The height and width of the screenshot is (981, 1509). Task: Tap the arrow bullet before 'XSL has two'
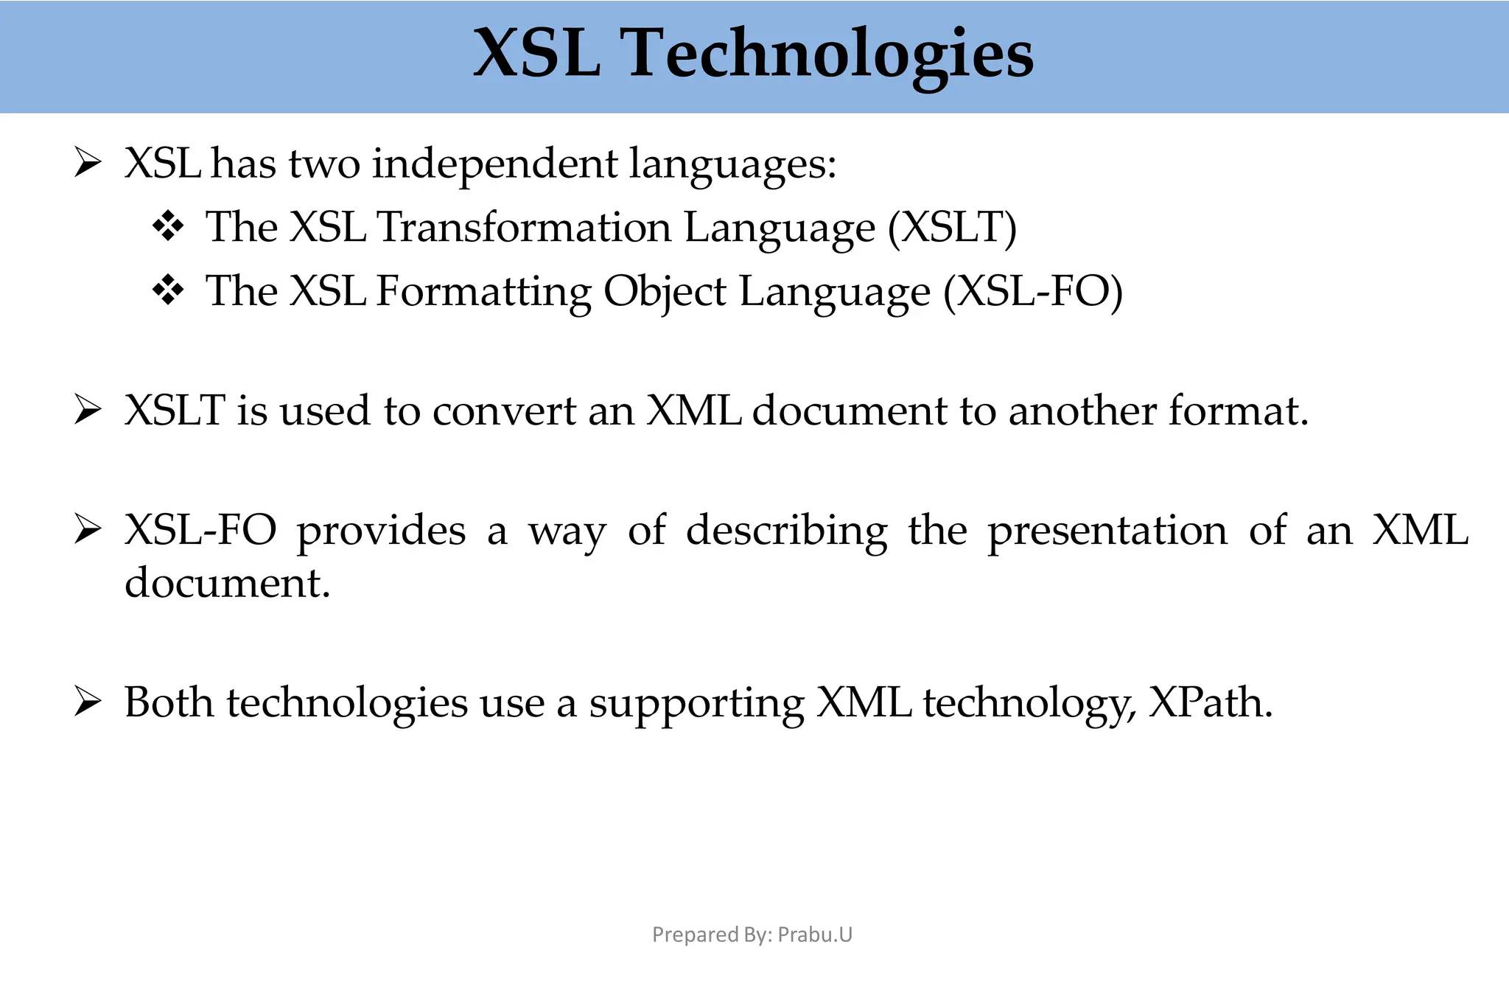point(87,163)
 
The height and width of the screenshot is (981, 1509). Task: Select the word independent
point(494,164)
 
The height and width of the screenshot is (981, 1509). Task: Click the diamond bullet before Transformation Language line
point(168,226)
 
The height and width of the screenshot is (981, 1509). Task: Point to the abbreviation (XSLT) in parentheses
point(952,227)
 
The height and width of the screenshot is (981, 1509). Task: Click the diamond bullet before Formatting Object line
point(168,290)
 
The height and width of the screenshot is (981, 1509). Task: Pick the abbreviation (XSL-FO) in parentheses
point(1033,291)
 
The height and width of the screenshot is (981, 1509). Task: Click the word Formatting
point(483,291)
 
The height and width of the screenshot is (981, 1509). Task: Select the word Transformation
point(524,227)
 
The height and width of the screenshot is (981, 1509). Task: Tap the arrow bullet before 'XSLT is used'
point(87,411)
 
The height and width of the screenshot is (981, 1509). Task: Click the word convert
point(504,411)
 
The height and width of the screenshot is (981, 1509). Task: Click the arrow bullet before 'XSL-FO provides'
point(87,530)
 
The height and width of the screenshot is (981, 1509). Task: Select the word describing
point(786,531)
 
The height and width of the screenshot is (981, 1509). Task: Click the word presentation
point(1107,531)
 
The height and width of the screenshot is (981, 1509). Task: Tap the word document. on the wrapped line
point(227,582)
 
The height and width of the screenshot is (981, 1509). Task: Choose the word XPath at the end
point(1210,702)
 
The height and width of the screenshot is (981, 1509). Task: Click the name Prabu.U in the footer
point(815,935)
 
